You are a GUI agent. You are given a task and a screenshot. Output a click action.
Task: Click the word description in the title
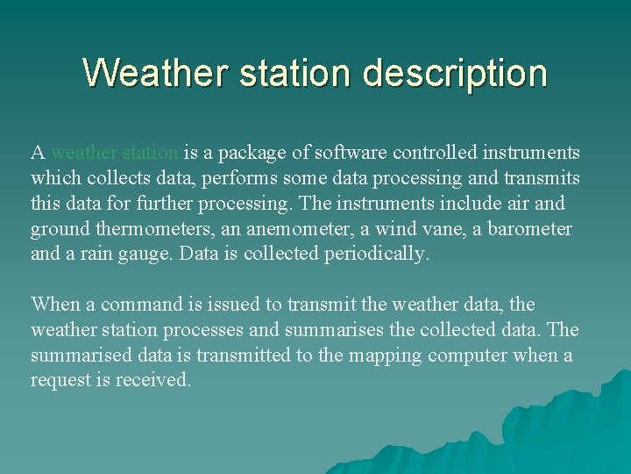[455, 73]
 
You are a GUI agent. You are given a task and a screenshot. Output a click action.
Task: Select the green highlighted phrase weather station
[115, 153]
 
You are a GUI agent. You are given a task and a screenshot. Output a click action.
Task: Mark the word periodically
[376, 255]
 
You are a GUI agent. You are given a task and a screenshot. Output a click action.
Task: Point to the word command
[140, 305]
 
